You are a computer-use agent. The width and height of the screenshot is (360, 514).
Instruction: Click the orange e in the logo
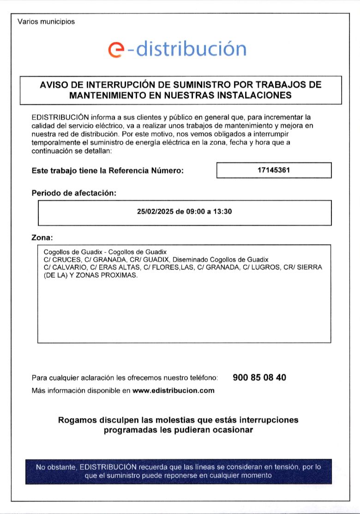click(x=117, y=49)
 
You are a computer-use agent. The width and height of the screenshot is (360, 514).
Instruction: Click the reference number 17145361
click(x=274, y=170)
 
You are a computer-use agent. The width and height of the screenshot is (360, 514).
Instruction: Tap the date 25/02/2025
click(x=155, y=212)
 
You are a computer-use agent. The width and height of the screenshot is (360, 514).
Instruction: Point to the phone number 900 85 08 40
click(x=259, y=377)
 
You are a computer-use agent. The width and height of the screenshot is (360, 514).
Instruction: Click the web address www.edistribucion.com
click(x=174, y=390)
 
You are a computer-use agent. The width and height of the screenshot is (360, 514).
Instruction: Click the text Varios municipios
click(x=46, y=21)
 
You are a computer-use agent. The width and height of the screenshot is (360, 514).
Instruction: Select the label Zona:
click(x=42, y=238)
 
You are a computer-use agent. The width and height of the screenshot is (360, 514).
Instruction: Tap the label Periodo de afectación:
click(x=74, y=193)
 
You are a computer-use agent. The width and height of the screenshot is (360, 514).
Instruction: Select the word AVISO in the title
click(x=54, y=85)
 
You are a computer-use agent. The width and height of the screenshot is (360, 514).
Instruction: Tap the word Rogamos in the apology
click(x=77, y=420)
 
